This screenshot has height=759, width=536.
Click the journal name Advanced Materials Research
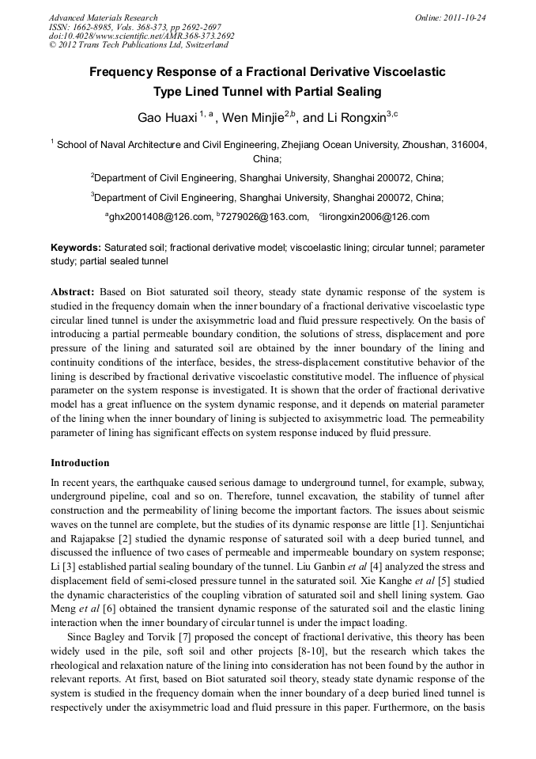pyautogui.click(x=103, y=17)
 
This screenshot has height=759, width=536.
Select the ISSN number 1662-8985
pyautogui.click(x=95, y=27)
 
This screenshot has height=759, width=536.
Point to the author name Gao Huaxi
pyautogui.click(x=168, y=118)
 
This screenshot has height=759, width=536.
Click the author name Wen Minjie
pyautogui.click(x=252, y=118)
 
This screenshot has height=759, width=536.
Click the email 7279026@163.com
pyautogui.click(x=264, y=217)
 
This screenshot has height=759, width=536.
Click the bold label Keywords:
pyautogui.click(x=76, y=248)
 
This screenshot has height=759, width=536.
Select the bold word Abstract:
pyautogui.click(x=73, y=291)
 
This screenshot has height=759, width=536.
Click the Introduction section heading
pyautogui.click(x=80, y=463)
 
